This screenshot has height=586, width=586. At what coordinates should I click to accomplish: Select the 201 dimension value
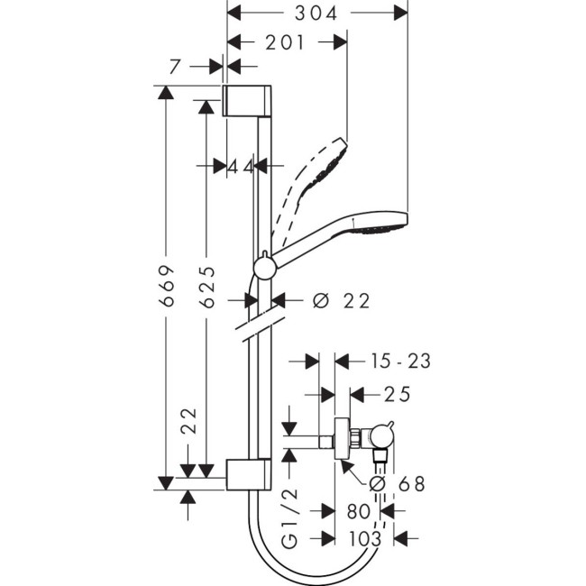(284, 42)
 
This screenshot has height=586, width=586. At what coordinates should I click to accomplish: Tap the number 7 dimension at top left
(175, 66)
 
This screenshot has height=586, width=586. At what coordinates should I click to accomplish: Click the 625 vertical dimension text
(207, 288)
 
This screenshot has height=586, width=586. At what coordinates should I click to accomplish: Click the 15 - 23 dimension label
(400, 362)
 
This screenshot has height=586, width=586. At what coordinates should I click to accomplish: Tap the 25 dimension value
(397, 394)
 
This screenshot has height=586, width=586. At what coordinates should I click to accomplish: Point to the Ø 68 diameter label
(398, 484)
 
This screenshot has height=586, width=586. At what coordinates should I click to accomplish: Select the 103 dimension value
(362, 538)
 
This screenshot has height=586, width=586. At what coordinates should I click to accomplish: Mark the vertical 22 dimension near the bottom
(188, 420)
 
